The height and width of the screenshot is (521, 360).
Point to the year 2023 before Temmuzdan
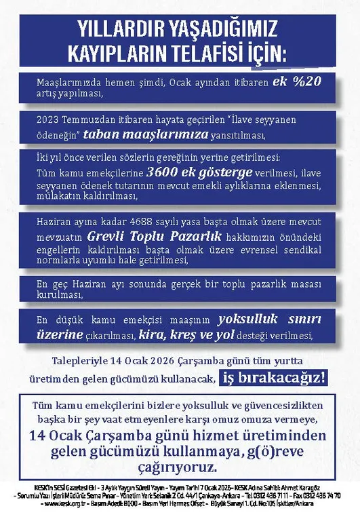[x=49, y=119]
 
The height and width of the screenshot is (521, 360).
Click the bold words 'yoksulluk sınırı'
[x=269, y=319]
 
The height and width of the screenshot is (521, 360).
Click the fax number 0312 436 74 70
[x=322, y=495]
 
